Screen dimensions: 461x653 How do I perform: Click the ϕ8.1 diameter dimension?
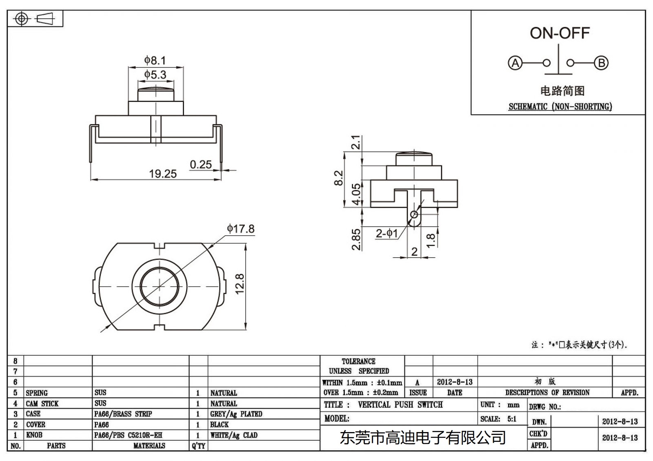155,61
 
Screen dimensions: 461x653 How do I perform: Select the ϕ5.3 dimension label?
155,75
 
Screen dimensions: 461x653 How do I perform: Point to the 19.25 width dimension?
162,174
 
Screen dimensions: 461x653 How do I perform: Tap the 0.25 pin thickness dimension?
201,165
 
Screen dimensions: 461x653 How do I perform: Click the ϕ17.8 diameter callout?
240,229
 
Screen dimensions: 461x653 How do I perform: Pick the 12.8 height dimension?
240,284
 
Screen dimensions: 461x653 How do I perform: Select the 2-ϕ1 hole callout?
386,234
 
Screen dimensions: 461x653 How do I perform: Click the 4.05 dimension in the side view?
357,195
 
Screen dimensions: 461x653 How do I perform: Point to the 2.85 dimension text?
356,239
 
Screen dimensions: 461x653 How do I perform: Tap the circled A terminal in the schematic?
515,63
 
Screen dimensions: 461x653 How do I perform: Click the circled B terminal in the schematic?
601,63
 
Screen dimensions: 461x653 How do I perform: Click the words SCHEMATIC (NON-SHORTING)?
560,107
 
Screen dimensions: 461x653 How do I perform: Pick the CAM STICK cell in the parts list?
42,404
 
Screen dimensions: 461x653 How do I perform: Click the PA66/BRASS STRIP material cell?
123,414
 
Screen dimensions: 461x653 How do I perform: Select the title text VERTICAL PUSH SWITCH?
400,405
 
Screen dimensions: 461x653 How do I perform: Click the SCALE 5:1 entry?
498,419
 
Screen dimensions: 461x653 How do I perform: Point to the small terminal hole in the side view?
414,214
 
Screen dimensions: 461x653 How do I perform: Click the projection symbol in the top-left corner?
34,19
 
